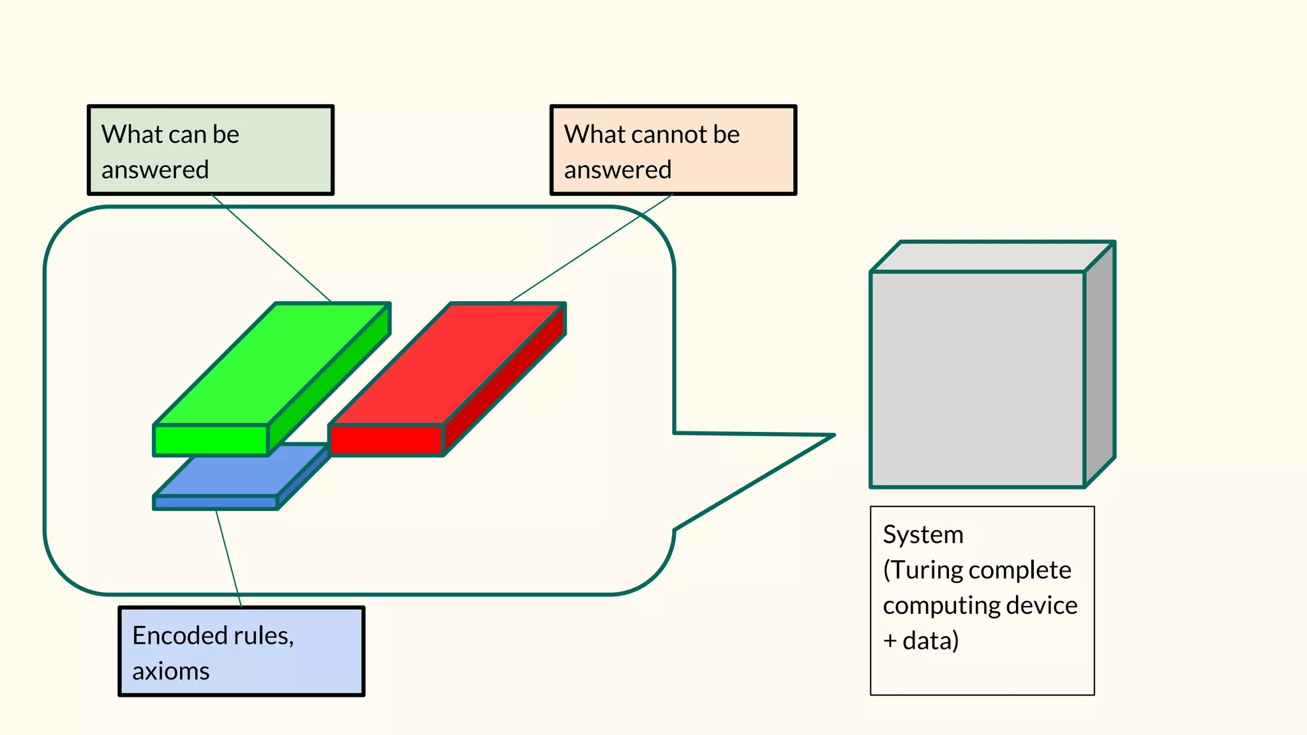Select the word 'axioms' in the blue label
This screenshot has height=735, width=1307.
(170, 671)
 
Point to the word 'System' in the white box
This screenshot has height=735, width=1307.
(923, 535)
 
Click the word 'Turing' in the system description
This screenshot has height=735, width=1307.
(929, 570)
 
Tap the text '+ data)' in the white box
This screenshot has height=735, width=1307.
(920, 641)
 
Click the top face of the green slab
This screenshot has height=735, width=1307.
(271, 364)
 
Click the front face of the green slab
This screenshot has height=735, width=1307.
(211, 440)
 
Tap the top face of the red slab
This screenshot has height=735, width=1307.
(447, 364)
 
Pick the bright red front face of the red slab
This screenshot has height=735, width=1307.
(387, 440)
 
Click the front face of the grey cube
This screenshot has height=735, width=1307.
(977, 380)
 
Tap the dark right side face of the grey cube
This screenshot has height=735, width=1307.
(1100, 364)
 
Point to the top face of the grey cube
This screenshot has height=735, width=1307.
(992, 256)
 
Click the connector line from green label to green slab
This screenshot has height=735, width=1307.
(271, 248)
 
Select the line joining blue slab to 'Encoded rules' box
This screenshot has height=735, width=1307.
(228, 558)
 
